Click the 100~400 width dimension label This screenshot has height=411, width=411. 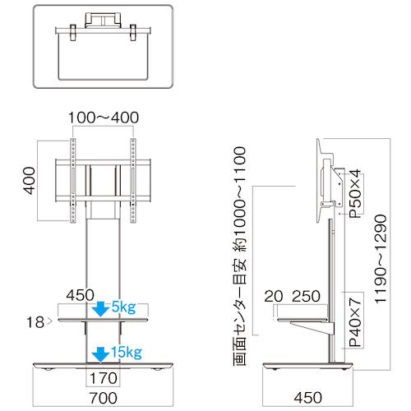(x=104, y=118)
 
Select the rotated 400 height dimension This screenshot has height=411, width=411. (x=29, y=181)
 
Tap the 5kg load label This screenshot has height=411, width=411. (x=123, y=308)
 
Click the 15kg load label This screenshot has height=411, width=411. (x=127, y=353)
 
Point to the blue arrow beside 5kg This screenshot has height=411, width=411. (x=101, y=309)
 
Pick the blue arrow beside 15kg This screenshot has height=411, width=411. (x=101, y=354)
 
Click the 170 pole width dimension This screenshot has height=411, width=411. (x=104, y=378)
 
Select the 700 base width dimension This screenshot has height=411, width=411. (x=104, y=398)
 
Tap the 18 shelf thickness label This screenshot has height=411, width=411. (x=35, y=322)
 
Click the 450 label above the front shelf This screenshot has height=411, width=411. (x=81, y=295)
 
